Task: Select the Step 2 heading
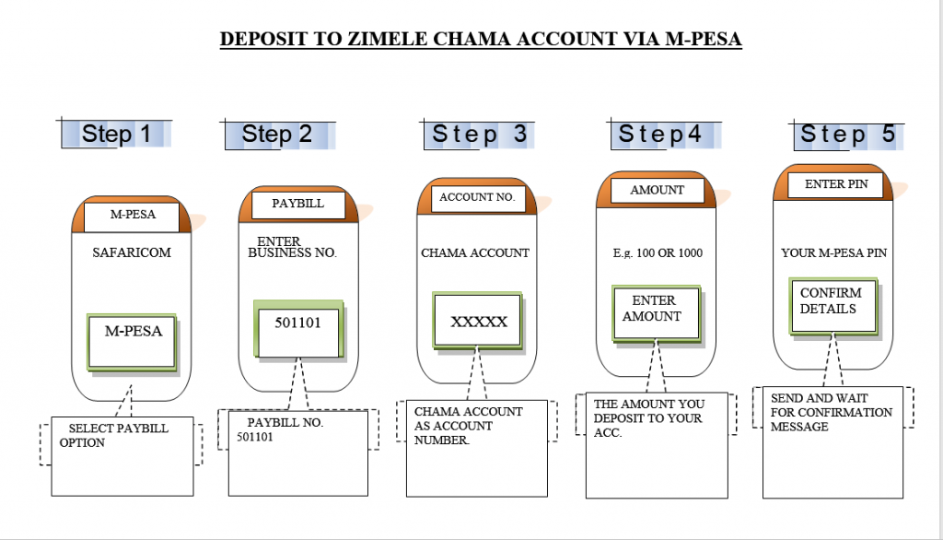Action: (x=277, y=135)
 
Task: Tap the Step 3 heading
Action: (x=480, y=135)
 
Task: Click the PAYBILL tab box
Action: (x=297, y=204)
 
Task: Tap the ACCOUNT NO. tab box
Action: (x=476, y=197)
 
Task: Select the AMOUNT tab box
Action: (x=657, y=190)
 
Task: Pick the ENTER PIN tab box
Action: (x=837, y=184)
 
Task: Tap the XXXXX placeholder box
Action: (x=478, y=322)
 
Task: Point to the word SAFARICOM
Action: (x=132, y=252)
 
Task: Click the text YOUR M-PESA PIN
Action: (x=833, y=252)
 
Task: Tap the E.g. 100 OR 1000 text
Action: (x=658, y=252)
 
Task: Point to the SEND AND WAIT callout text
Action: (x=832, y=412)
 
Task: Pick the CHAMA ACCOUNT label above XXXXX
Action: (x=475, y=252)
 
